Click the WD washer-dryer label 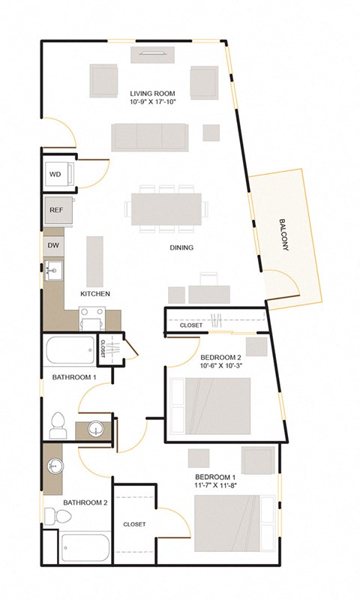tap(55, 174)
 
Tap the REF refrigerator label tap(56, 210)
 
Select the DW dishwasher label tap(54, 245)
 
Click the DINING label tap(181, 247)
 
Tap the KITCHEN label tap(96, 294)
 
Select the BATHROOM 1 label tap(74, 376)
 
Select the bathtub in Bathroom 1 tap(71, 350)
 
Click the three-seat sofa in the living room tap(151, 136)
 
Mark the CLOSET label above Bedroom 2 tap(192, 325)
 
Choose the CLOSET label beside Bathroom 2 tap(134, 524)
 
